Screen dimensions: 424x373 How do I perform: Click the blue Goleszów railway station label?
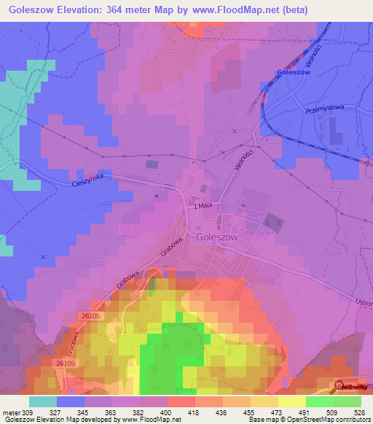[x=294, y=73]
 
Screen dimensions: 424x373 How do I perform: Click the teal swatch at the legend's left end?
[x=43, y=401]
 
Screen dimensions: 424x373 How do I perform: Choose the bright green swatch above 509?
[x=319, y=401]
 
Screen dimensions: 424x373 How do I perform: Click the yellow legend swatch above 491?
[x=291, y=401]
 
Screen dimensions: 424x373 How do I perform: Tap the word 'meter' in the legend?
[x=10, y=412]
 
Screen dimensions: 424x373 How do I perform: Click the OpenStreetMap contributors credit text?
[x=334, y=420]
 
